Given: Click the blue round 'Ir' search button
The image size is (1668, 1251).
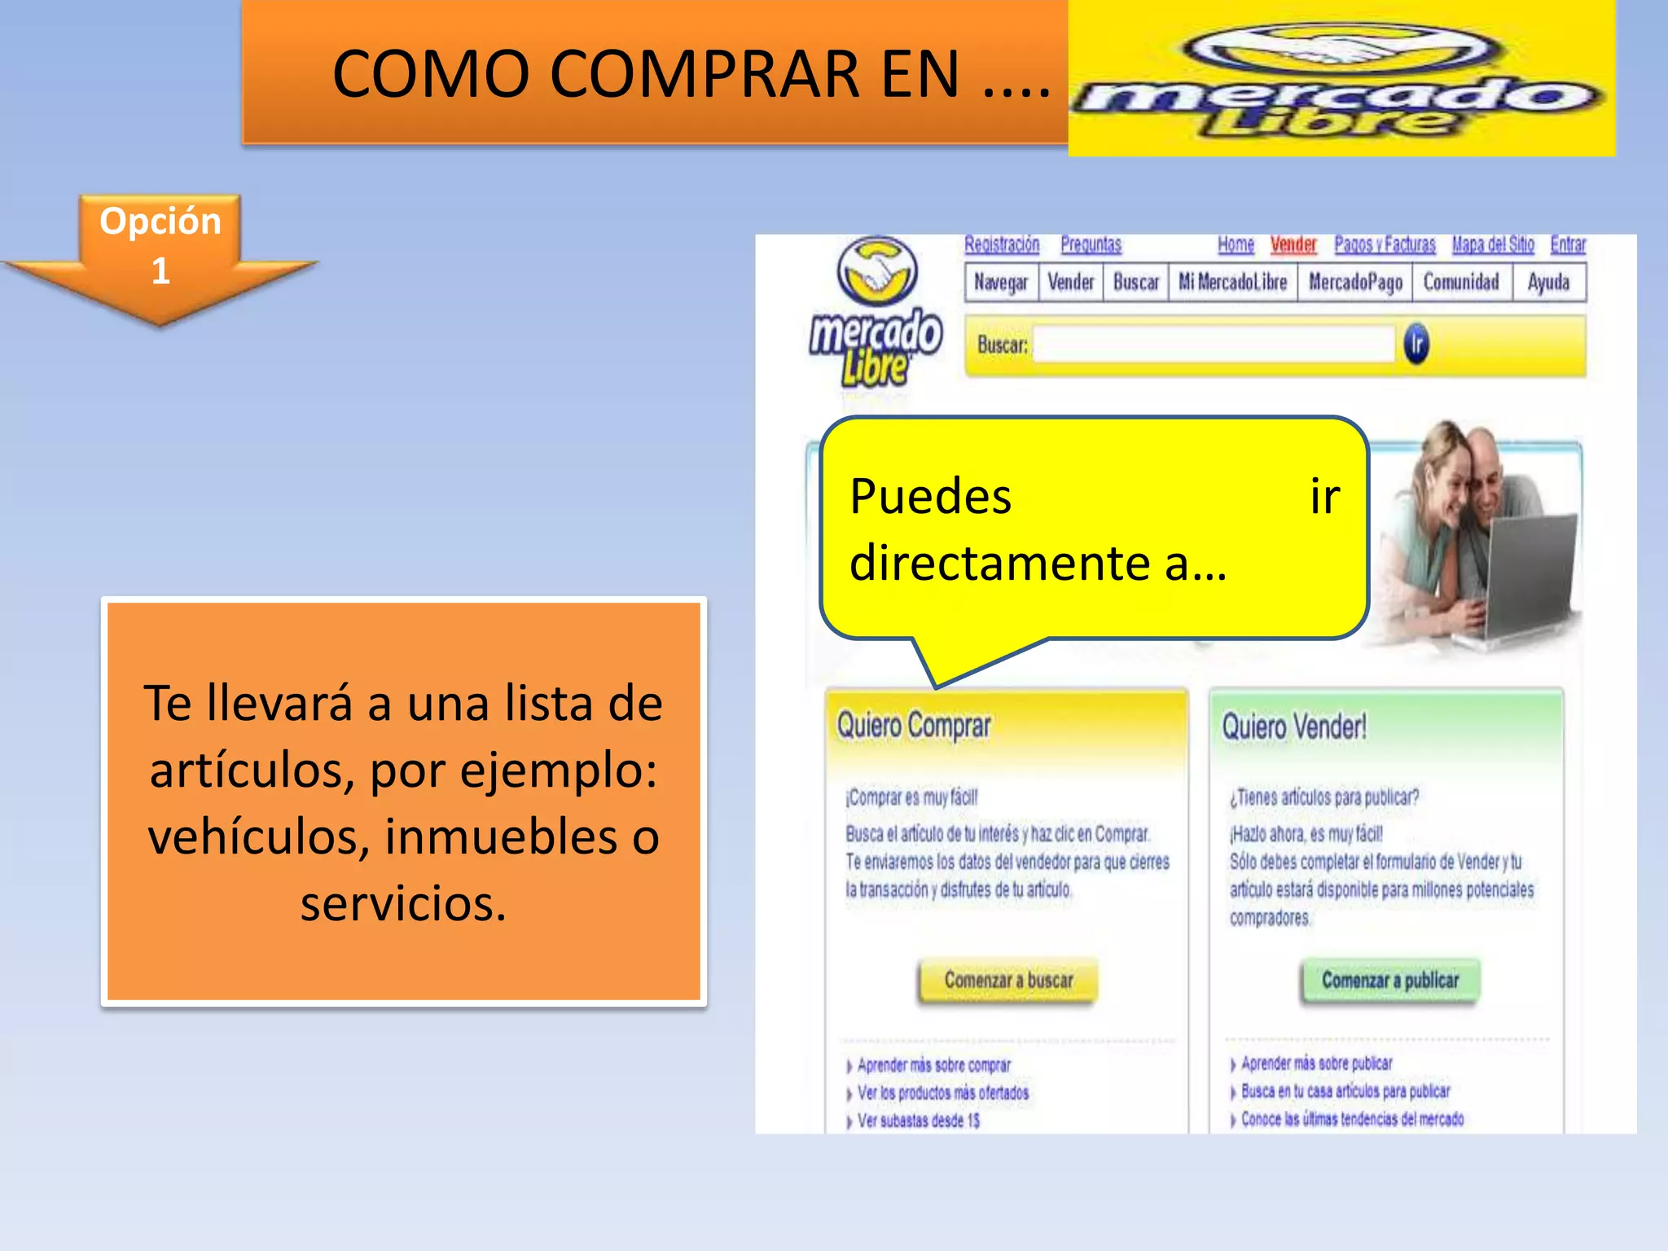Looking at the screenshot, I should (x=1416, y=344).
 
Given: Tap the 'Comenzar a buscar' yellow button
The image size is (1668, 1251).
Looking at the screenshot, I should (x=1008, y=980).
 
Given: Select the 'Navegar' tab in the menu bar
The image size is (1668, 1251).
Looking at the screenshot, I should (x=1001, y=283).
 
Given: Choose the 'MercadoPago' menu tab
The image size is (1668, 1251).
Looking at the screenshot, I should (x=1355, y=283).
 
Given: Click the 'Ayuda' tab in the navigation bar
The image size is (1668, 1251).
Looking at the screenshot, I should (x=1548, y=283).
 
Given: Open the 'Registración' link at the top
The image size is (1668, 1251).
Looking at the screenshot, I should (x=1002, y=244).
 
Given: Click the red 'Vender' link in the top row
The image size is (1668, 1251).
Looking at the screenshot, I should (x=1293, y=244).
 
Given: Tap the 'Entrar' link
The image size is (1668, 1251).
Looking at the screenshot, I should (x=1568, y=244).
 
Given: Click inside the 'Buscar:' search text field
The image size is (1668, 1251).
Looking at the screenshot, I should (x=1214, y=345).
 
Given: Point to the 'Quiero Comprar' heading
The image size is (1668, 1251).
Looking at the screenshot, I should (x=914, y=725).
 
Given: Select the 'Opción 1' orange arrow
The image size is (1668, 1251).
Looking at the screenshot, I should (x=160, y=252).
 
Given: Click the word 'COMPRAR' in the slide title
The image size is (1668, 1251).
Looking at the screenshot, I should (x=705, y=74).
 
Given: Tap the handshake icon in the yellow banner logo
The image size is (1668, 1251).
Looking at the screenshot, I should (x=1342, y=49).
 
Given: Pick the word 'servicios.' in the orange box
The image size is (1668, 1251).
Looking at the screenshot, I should (x=403, y=903).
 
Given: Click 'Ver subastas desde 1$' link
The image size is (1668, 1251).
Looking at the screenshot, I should (x=918, y=1121).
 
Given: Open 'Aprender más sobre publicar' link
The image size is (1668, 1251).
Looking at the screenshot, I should (x=1316, y=1064).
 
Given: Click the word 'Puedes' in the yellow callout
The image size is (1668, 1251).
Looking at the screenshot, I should (x=930, y=497).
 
